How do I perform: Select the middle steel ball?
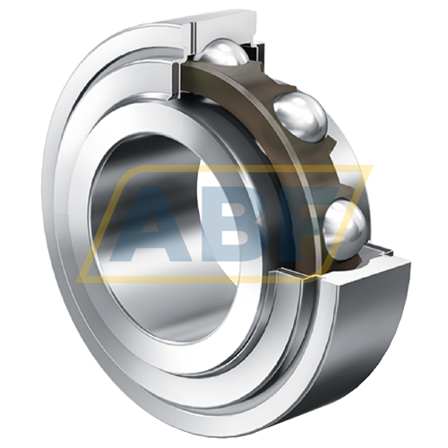pyautogui.click(x=300, y=116)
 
